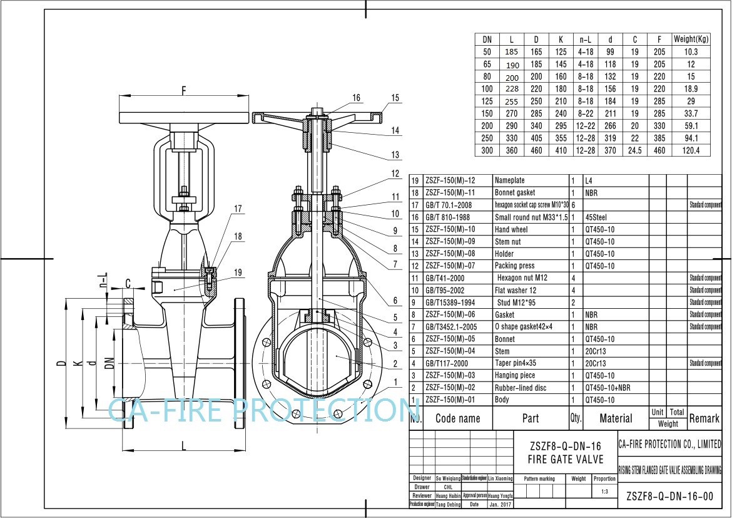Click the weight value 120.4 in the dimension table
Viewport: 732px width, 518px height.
[691, 150]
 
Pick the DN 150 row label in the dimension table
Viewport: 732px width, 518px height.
[487, 113]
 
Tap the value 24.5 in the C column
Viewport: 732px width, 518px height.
[634, 150]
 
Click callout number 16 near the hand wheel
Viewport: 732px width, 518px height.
[356, 98]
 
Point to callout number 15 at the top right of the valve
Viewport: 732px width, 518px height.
[395, 98]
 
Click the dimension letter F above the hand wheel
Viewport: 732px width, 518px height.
[184, 90]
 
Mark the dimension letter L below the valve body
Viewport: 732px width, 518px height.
[183, 445]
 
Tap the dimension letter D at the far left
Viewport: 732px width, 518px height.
[61, 364]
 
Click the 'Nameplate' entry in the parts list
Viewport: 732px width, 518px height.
[510, 180]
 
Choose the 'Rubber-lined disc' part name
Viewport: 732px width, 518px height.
[521, 388]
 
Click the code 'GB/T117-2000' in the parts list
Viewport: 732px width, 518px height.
[448, 363]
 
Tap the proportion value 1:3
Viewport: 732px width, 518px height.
[604, 492]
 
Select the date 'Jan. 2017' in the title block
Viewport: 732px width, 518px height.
[500, 504]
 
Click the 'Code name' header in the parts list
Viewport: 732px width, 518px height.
[457, 418]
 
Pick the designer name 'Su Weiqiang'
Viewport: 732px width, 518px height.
[448, 478]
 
